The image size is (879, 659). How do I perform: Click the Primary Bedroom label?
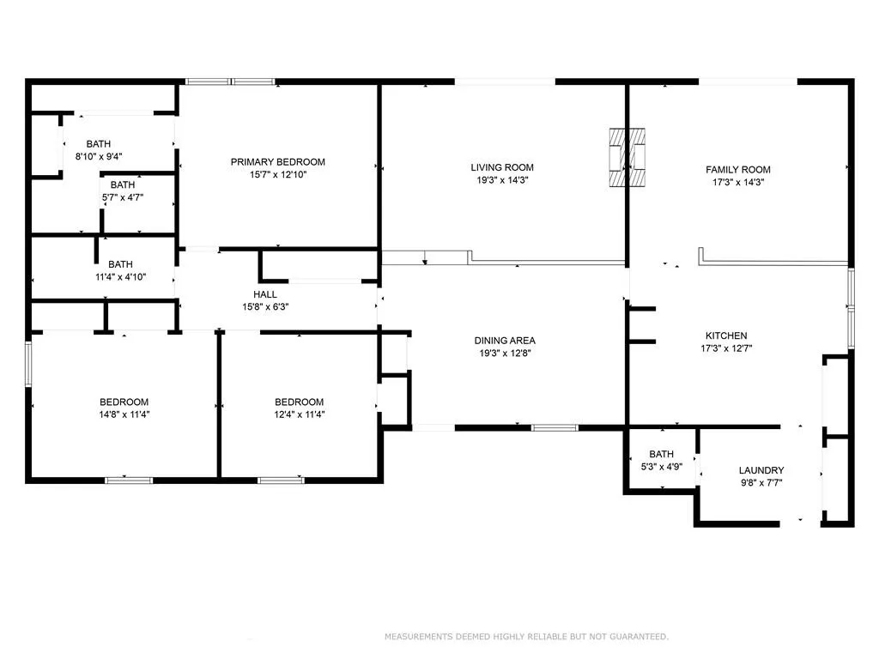(277, 162)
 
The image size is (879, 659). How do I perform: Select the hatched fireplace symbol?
(628, 156)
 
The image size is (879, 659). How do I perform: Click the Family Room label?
(737, 170)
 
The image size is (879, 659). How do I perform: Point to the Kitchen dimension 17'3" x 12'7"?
(726, 348)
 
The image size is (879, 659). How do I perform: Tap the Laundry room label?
(761, 470)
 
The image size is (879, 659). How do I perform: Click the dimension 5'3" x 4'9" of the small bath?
(662, 467)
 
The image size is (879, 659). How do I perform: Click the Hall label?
(265, 294)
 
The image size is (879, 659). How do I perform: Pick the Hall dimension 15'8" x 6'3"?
(265, 306)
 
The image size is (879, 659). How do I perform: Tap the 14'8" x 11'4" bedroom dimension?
(124, 414)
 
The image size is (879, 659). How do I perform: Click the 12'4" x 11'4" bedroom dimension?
(299, 414)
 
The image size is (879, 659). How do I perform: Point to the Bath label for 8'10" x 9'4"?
(98, 144)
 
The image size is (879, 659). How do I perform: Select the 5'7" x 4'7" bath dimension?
(123, 197)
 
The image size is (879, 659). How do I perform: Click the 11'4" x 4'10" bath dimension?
(120, 277)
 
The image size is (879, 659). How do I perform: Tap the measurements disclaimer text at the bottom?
(526, 637)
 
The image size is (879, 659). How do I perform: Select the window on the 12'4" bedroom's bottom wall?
(282, 480)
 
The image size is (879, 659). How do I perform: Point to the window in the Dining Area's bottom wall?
(555, 426)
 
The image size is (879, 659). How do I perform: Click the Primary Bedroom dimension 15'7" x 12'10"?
(277, 174)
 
